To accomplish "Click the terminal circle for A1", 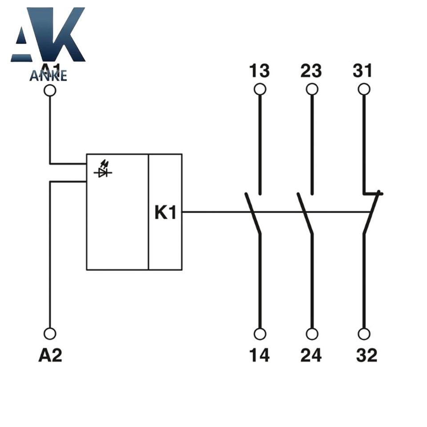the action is pyautogui.click(x=50, y=90).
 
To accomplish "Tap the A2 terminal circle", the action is pyautogui.click(x=50, y=333).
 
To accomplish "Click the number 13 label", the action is pyautogui.click(x=259, y=71).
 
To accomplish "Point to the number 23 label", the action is pyautogui.click(x=311, y=71).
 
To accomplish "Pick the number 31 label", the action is pyautogui.click(x=363, y=71).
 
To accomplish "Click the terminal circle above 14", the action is pyautogui.click(x=260, y=334).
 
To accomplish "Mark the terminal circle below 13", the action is pyautogui.click(x=260, y=89).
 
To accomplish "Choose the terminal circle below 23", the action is pyautogui.click(x=312, y=89).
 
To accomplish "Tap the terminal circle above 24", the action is pyautogui.click(x=312, y=334).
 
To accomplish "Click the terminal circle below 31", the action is pyautogui.click(x=364, y=89).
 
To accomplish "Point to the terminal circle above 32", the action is pyautogui.click(x=364, y=334).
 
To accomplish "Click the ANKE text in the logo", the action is pyautogui.click(x=48, y=76).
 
